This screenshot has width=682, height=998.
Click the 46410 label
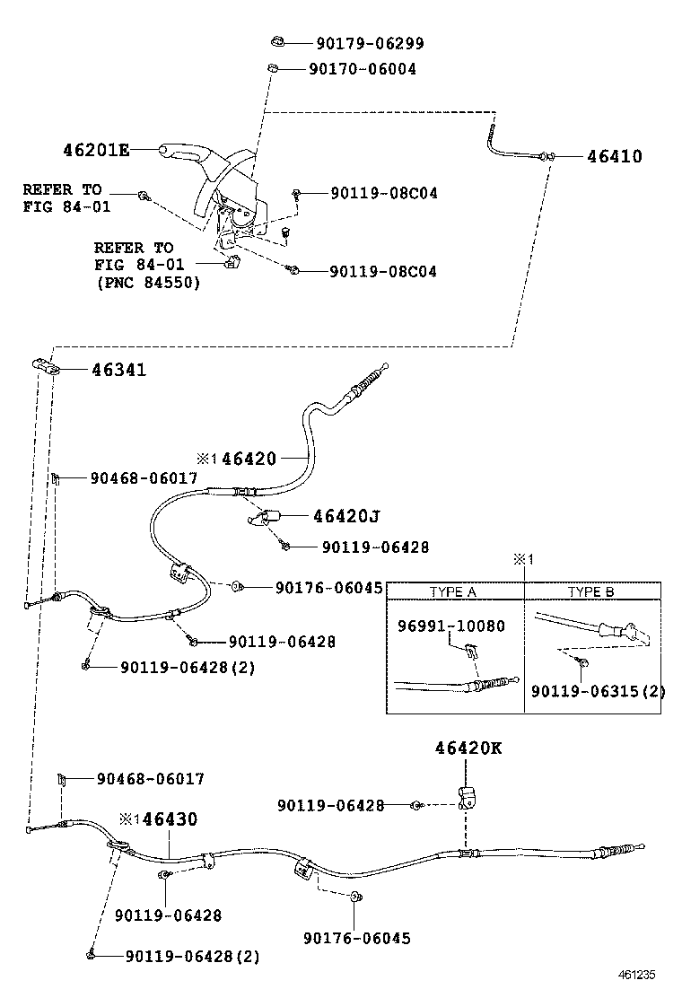click(614, 156)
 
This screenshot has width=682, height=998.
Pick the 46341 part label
click(118, 370)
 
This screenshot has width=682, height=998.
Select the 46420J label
click(346, 516)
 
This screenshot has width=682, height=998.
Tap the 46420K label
click(468, 748)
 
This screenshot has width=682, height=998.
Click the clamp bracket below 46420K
click(468, 796)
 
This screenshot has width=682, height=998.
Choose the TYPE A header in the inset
click(453, 592)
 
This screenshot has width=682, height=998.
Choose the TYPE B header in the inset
click(590, 592)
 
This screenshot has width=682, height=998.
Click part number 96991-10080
click(450, 626)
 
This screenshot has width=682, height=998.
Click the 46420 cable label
click(249, 459)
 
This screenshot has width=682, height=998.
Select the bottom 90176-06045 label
click(356, 938)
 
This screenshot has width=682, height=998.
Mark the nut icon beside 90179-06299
click(278, 42)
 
